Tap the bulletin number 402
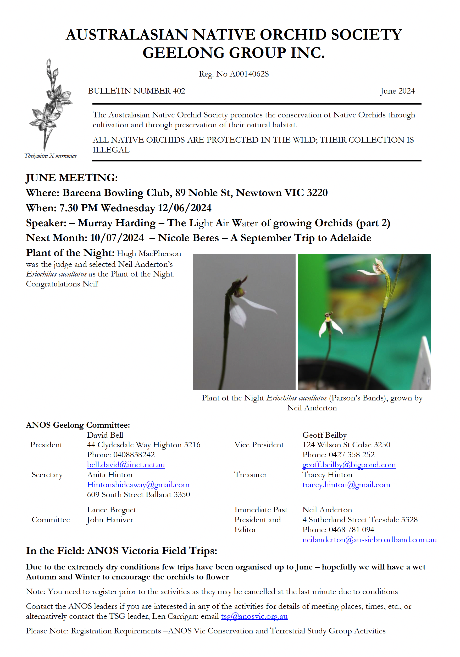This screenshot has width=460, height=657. click(136, 91)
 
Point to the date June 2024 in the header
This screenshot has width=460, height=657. click(397, 91)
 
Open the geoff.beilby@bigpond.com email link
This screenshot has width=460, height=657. click(349, 465)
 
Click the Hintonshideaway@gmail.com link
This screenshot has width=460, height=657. click(138, 485)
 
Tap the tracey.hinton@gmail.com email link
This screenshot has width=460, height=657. click(346, 485)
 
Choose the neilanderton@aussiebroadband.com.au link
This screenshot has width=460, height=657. click(369, 540)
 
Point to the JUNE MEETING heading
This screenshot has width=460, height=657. click(72, 178)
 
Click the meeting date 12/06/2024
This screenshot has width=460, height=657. click(185, 208)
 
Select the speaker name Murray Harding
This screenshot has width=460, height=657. click(117, 223)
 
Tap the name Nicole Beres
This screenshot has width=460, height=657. click(189, 238)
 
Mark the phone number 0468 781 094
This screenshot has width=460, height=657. click(351, 530)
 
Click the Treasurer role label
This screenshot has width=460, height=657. click(251, 475)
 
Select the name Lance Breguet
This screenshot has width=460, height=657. click(112, 510)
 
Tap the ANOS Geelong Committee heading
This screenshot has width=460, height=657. click(78, 425)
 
